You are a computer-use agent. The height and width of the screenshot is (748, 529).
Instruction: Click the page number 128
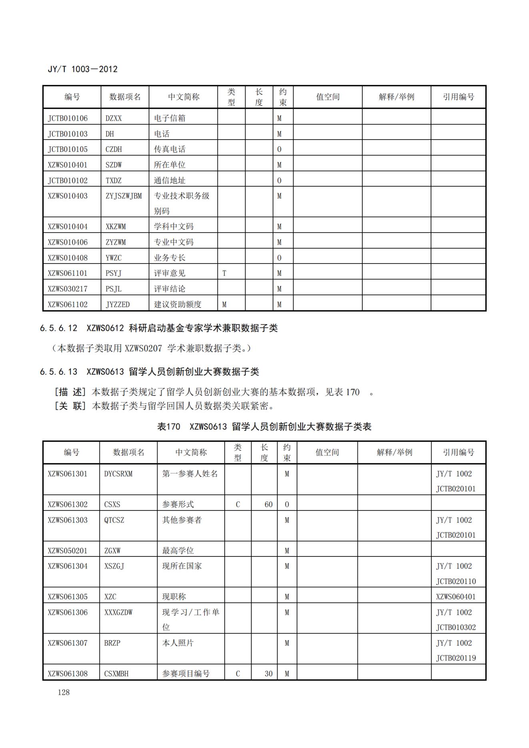coord(64,692)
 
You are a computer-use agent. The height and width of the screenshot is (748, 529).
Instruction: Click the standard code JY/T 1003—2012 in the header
coord(83,69)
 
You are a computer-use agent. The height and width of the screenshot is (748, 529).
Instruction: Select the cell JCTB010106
coord(68,118)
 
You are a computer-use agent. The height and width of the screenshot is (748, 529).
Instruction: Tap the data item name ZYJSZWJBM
coord(124,196)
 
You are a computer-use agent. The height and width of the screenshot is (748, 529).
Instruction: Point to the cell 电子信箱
coord(170,118)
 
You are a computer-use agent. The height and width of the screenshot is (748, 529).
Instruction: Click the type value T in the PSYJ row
coord(224,273)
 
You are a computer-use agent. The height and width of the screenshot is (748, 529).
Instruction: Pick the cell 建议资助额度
coord(178,305)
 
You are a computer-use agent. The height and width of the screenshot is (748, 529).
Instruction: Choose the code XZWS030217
coord(68,289)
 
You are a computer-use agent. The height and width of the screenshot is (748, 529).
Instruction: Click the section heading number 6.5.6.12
coord(58,328)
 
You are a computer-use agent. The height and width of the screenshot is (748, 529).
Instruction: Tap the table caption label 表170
coord(169,427)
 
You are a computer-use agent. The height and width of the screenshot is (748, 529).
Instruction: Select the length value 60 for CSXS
coord(268,505)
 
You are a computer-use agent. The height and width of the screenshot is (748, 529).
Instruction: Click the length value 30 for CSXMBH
coord(268,674)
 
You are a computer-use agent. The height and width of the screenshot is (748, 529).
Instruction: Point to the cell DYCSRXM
coord(118,474)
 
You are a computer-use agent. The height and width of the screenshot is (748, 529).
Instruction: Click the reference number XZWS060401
coord(456,597)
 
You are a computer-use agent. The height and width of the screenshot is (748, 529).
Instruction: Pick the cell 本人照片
coord(178,643)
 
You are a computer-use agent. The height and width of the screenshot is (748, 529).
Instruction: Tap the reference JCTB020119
coord(456,658)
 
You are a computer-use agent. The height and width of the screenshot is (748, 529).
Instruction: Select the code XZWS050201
coord(68,551)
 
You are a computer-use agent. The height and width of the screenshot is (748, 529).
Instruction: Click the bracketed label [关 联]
coord(70,406)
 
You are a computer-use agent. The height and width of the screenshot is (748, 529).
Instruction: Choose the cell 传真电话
coord(170,150)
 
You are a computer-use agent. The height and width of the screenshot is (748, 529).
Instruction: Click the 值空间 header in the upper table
coord(327,97)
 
